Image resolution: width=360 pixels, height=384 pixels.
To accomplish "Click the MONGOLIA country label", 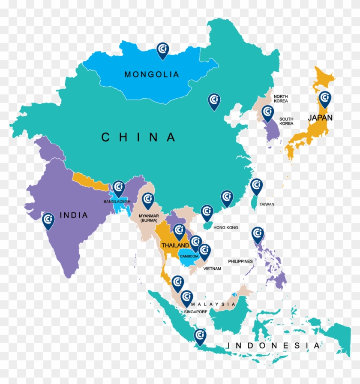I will click(151, 74).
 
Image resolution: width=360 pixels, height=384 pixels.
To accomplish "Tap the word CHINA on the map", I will click(138, 137).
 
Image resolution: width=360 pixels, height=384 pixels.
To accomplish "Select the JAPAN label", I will click(320, 117).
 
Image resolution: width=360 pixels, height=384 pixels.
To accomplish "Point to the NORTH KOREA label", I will click(281, 99).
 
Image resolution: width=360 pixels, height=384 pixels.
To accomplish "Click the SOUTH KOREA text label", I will click(286, 121).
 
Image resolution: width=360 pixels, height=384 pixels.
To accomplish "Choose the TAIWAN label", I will click(267, 205).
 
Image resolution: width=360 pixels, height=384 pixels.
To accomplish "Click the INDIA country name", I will click(74, 215).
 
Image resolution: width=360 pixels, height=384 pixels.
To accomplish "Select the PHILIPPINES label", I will click(240, 261).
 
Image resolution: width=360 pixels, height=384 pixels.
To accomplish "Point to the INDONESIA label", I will click(273, 345).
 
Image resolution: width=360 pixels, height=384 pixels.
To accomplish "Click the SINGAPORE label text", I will click(196, 311).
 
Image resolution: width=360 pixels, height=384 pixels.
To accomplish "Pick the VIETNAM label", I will click(212, 269).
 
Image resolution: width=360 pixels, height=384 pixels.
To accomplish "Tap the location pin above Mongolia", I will click(162, 50).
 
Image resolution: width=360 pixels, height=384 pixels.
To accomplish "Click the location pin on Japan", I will click(325, 99).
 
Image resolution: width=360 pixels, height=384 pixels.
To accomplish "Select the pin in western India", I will click(48, 221).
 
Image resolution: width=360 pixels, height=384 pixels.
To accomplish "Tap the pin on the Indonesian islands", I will click(200, 336).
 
